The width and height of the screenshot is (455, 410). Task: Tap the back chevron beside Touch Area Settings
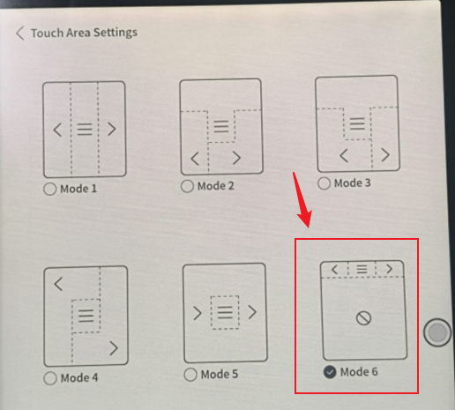coord(20,34)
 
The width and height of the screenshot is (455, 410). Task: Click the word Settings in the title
coord(116,33)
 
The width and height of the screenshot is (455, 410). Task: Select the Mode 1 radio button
coord(50,189)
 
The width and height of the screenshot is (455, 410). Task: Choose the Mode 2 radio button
coord(187,186)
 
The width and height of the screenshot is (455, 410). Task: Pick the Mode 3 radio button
coord(324,183)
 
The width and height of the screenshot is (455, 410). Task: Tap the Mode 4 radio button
coord(50,378)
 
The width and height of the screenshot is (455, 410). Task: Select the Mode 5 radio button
coord(190,375)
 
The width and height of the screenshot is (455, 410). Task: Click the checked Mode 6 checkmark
coord(330,372)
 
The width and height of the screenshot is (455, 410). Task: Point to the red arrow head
coord(305,217)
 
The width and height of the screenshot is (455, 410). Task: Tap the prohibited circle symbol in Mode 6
coord(363,318)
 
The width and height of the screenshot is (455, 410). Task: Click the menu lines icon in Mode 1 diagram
coord(85,130)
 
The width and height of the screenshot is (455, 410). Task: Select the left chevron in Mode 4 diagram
coord(58,284)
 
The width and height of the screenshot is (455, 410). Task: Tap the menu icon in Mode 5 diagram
coord(225,312)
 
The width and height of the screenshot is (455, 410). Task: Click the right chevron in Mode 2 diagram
coord(236,158)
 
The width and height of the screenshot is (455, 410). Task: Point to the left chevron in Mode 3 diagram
coord(344,155)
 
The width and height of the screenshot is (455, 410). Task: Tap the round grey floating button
coord(437,332)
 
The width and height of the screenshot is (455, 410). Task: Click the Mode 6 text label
coord(359,372)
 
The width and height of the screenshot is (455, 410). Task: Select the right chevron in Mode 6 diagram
coord(390,269)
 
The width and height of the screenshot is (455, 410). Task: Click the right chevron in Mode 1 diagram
coord(112,129)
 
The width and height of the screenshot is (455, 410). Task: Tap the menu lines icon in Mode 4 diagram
coord(86,316)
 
